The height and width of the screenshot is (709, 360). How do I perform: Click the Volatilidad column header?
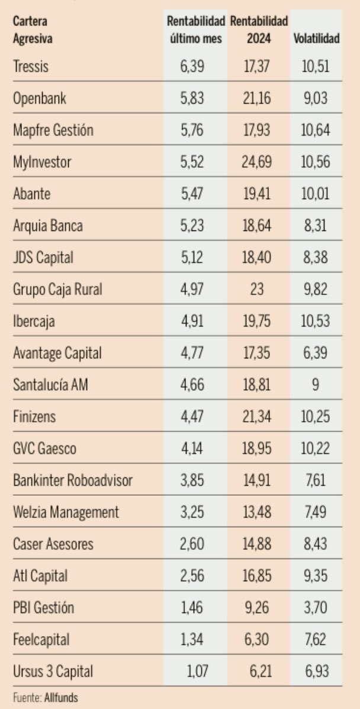[316, 39]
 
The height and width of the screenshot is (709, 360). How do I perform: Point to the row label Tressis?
[31, 67]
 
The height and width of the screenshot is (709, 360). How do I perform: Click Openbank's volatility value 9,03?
[316, 99]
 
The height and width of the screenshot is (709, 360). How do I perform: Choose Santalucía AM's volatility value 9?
[316, 385]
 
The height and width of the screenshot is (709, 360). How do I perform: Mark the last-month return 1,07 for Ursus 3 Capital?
[200, 672]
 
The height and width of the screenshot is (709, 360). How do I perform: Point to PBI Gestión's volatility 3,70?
[316, 608]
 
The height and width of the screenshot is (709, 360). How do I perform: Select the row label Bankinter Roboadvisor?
[72, 480]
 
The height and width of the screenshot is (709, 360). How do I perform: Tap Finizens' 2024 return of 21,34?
[257, 417]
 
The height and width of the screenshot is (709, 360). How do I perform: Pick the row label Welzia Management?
[66, 512]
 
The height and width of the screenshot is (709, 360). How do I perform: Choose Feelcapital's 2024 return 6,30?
[257, 640]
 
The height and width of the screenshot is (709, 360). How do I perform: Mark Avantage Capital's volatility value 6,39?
[316, 354]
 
